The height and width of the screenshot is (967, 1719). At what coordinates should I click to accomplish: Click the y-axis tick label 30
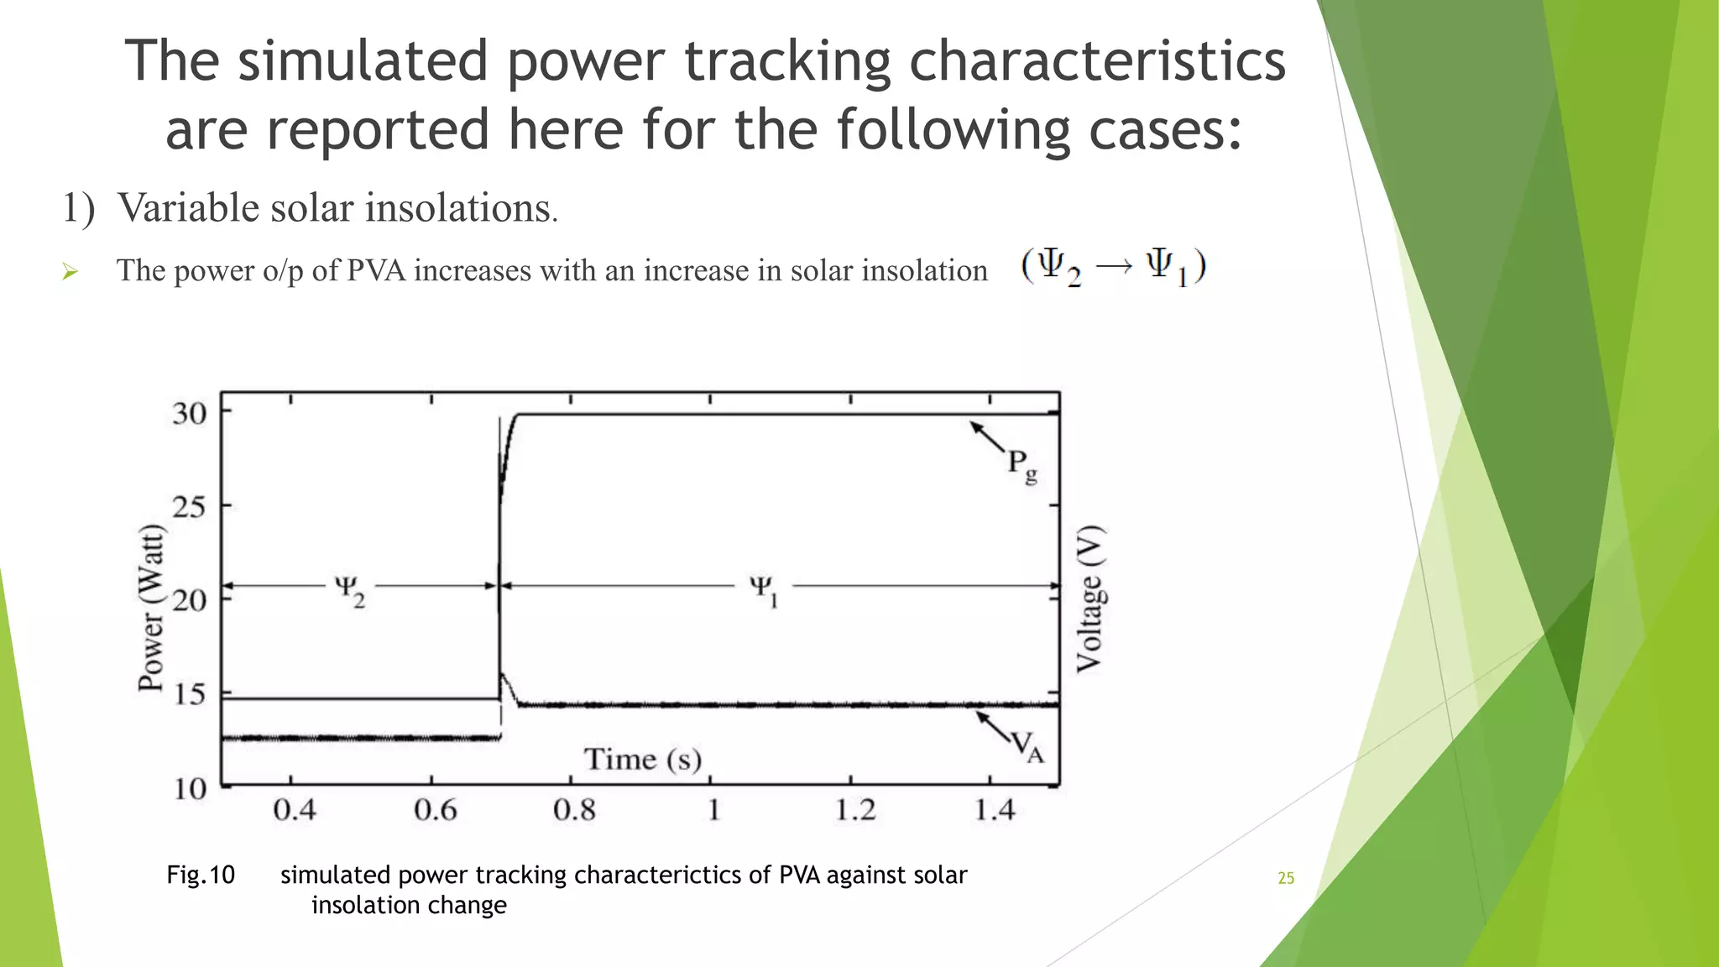coord(190,414)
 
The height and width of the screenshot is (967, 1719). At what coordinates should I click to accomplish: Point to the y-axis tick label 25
coord(190,507)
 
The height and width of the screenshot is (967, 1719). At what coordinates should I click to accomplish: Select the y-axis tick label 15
coord(190,694)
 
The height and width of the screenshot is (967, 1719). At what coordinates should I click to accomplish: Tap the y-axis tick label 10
coord(190,789)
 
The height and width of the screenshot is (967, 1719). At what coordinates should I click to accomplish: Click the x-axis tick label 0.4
coord(295,810)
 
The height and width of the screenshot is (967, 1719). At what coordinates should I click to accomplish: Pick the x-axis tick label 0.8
coord(574,810)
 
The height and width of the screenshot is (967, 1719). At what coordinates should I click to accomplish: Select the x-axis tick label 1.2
coord(854,810)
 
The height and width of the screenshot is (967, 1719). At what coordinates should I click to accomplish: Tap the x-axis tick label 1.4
coord(995,810)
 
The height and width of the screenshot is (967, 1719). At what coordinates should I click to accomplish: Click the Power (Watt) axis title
coord(151,608)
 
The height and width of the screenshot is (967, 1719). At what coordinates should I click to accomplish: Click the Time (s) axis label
coord(643,760)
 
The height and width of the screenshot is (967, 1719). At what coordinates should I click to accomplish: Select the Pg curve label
coord(1021,465)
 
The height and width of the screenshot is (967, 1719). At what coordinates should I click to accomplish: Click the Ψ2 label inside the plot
coord(349,589)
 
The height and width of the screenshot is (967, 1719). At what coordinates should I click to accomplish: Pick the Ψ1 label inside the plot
coord(764,589)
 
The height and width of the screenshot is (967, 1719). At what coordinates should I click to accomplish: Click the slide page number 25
coord(1286,878)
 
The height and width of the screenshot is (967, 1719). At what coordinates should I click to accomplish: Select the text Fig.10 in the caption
coord(201,875)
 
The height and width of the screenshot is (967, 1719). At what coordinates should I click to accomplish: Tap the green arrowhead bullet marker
coord(71,271)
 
